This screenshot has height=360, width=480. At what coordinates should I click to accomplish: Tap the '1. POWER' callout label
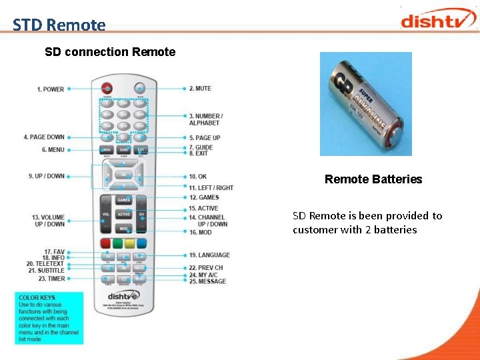tap(51, 89)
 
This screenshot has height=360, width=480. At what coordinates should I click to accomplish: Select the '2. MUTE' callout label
tap(200, 88)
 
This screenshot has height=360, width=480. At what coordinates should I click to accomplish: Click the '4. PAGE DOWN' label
tap(44, 137)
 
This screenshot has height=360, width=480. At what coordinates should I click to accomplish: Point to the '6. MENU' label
tap(53, 150)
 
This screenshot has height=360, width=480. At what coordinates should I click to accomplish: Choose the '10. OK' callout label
tap(197, 177)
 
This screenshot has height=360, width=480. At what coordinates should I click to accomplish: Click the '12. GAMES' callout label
tap(204, 197)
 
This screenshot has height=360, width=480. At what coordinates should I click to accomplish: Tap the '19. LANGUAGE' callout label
tap(209, 255)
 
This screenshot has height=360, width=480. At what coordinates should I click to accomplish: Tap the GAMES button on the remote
tap(124, 200)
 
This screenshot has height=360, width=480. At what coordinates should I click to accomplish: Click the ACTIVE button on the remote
tap(124, 215)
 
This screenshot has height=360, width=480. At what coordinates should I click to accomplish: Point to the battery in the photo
tap(365, 104)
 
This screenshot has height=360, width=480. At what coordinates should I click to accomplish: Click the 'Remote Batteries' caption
tap(373, 179)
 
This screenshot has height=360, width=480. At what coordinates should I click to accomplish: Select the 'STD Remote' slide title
tap(59, 25)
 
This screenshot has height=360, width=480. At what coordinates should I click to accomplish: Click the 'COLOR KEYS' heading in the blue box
tap(37, 298)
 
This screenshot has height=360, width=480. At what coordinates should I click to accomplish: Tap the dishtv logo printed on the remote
tap(124, 295)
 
